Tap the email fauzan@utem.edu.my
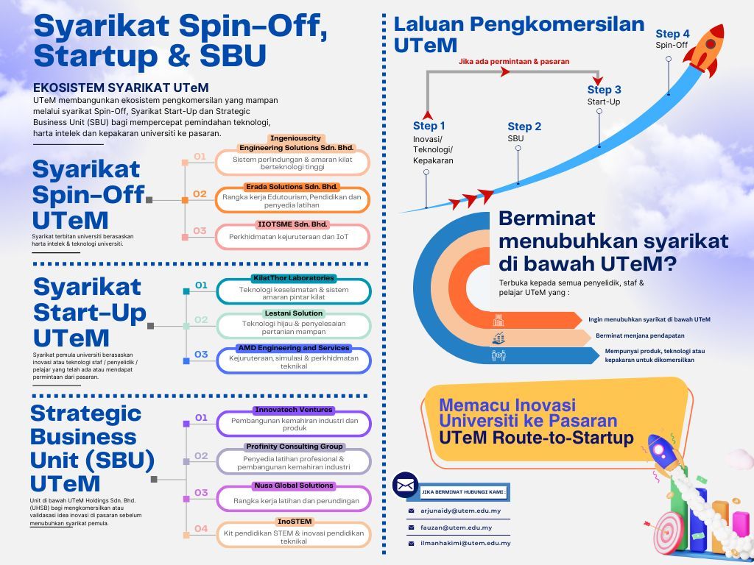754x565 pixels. (455, 527)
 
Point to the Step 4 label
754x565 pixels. (672, 34)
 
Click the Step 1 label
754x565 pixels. (429, 126)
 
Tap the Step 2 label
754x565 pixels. (524, 127)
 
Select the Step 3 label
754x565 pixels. (604, 90)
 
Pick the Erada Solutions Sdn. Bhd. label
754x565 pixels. (292, 187)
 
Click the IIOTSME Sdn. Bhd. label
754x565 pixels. (292, 224)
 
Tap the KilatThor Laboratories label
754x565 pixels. (293, 278)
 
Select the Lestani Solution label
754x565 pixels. (292, 313)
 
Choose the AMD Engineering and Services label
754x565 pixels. (293, 348)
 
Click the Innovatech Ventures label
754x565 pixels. (294, 410)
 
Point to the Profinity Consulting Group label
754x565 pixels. (294, 447)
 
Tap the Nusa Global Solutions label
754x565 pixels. (294, 486)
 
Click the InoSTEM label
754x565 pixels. (294, 522)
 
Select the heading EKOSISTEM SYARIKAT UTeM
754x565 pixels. (121, 88)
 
